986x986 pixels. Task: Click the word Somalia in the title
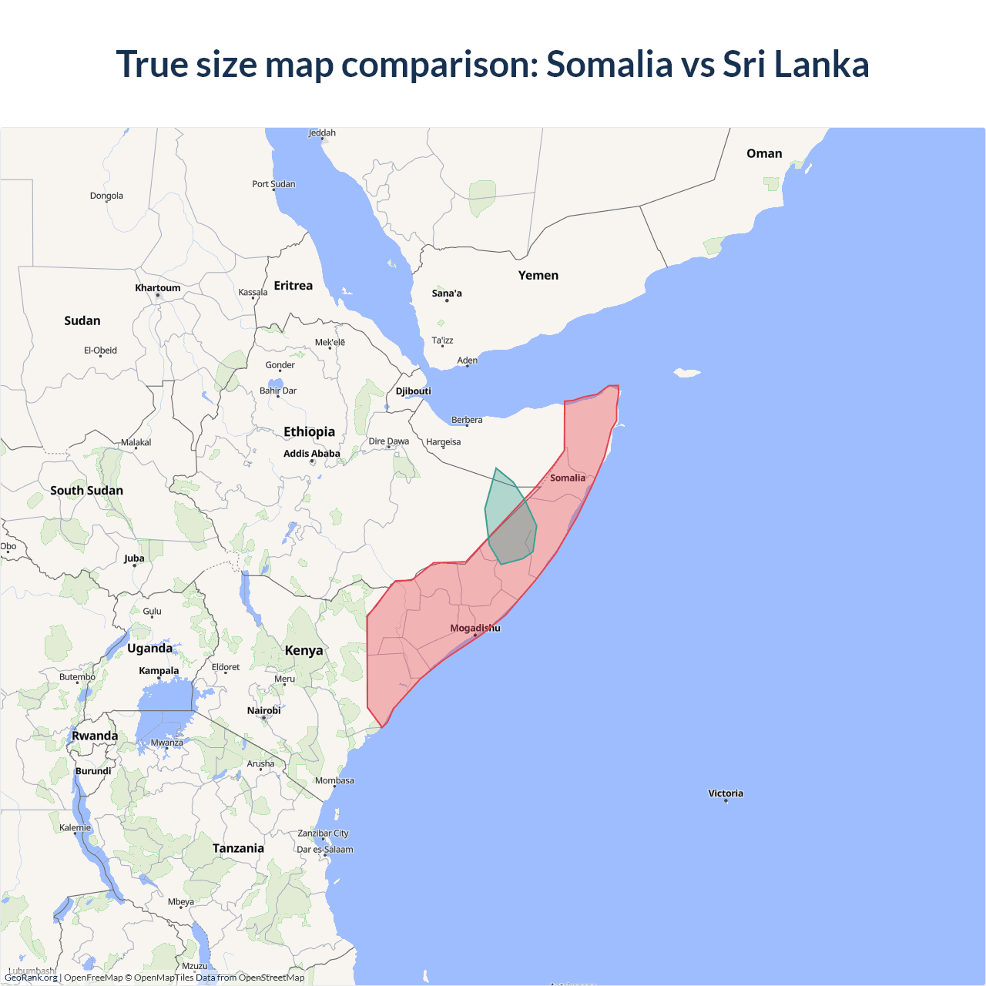[x=609, y=64]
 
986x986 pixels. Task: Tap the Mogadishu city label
[x=475, y=628]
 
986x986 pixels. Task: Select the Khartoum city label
[x=158, y=288]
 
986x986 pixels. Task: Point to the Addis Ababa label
[x=311, y=454]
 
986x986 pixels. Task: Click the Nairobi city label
[x=263, y=710]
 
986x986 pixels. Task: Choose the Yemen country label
[x=538, y=275]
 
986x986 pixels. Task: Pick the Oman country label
[x=764, y=153]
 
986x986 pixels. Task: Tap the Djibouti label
[x=414, y=391]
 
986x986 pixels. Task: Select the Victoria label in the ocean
[x=726, y=793]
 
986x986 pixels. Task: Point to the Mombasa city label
[x=334, y=780]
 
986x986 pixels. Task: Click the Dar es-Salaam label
[x=325, y=850]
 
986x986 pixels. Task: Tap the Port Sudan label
[x=273, y=184]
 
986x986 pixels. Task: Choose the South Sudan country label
[x=86, y=490]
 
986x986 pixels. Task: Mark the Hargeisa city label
[x=444, y=442]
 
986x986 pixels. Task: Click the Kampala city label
[x=159, y=670]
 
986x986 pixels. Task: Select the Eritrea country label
[x=293, y=285]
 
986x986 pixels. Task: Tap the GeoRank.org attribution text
[x=31, y=978]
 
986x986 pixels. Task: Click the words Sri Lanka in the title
[x=796, y=64]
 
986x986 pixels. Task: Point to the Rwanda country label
[x=95, y=736]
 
